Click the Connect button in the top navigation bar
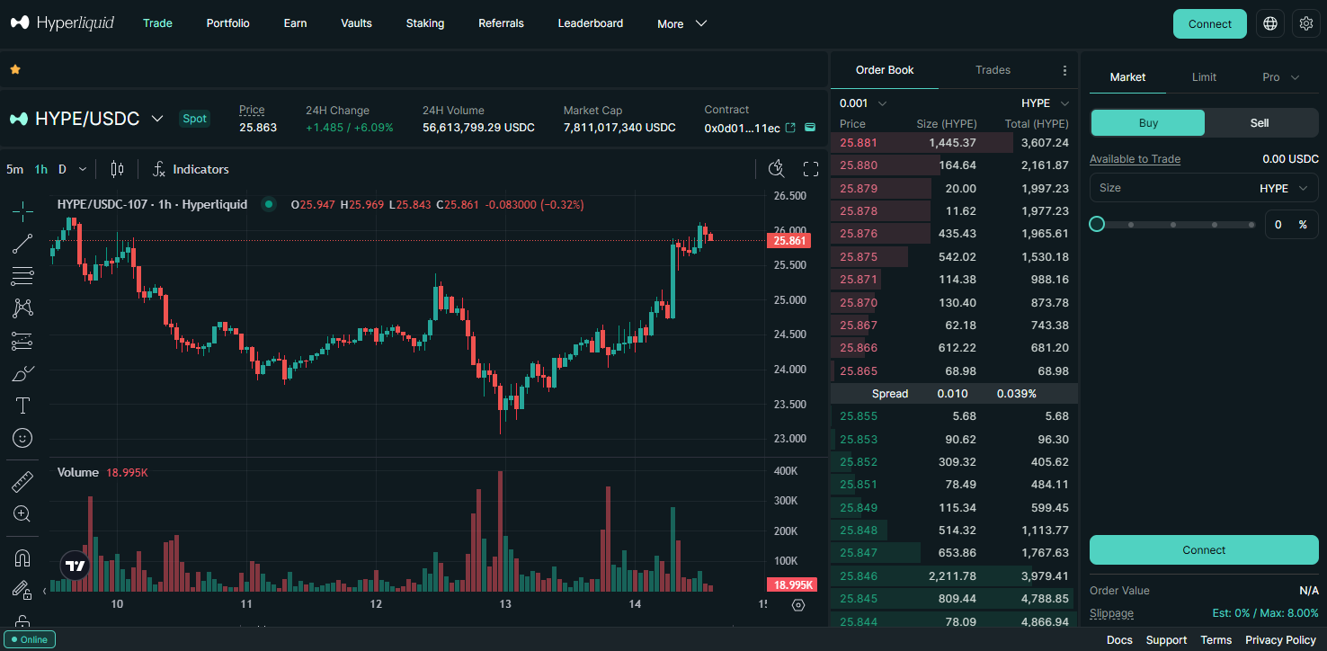coord(1209,24)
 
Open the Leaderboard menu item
coord(590,23)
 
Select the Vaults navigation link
coord(356,23)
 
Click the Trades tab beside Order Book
coord(993,70)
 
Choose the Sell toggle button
coord(1259,123)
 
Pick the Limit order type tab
coord(1204,77)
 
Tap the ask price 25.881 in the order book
coord(858,142)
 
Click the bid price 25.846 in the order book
coord(858,575)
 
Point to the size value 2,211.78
coord(950,575)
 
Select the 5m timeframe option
coord(14,169)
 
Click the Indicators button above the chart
coord(191,169)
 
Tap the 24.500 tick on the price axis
coord(789,334)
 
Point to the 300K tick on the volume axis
coord(786,501)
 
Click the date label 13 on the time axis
coord(505,604)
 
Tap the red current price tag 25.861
coord(788,241)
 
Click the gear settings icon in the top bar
coord(1306,24)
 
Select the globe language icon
coord(1269,24)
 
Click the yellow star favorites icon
coord(15,69)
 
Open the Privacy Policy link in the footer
coord(1280,640)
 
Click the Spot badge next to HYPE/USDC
coord(194,119)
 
